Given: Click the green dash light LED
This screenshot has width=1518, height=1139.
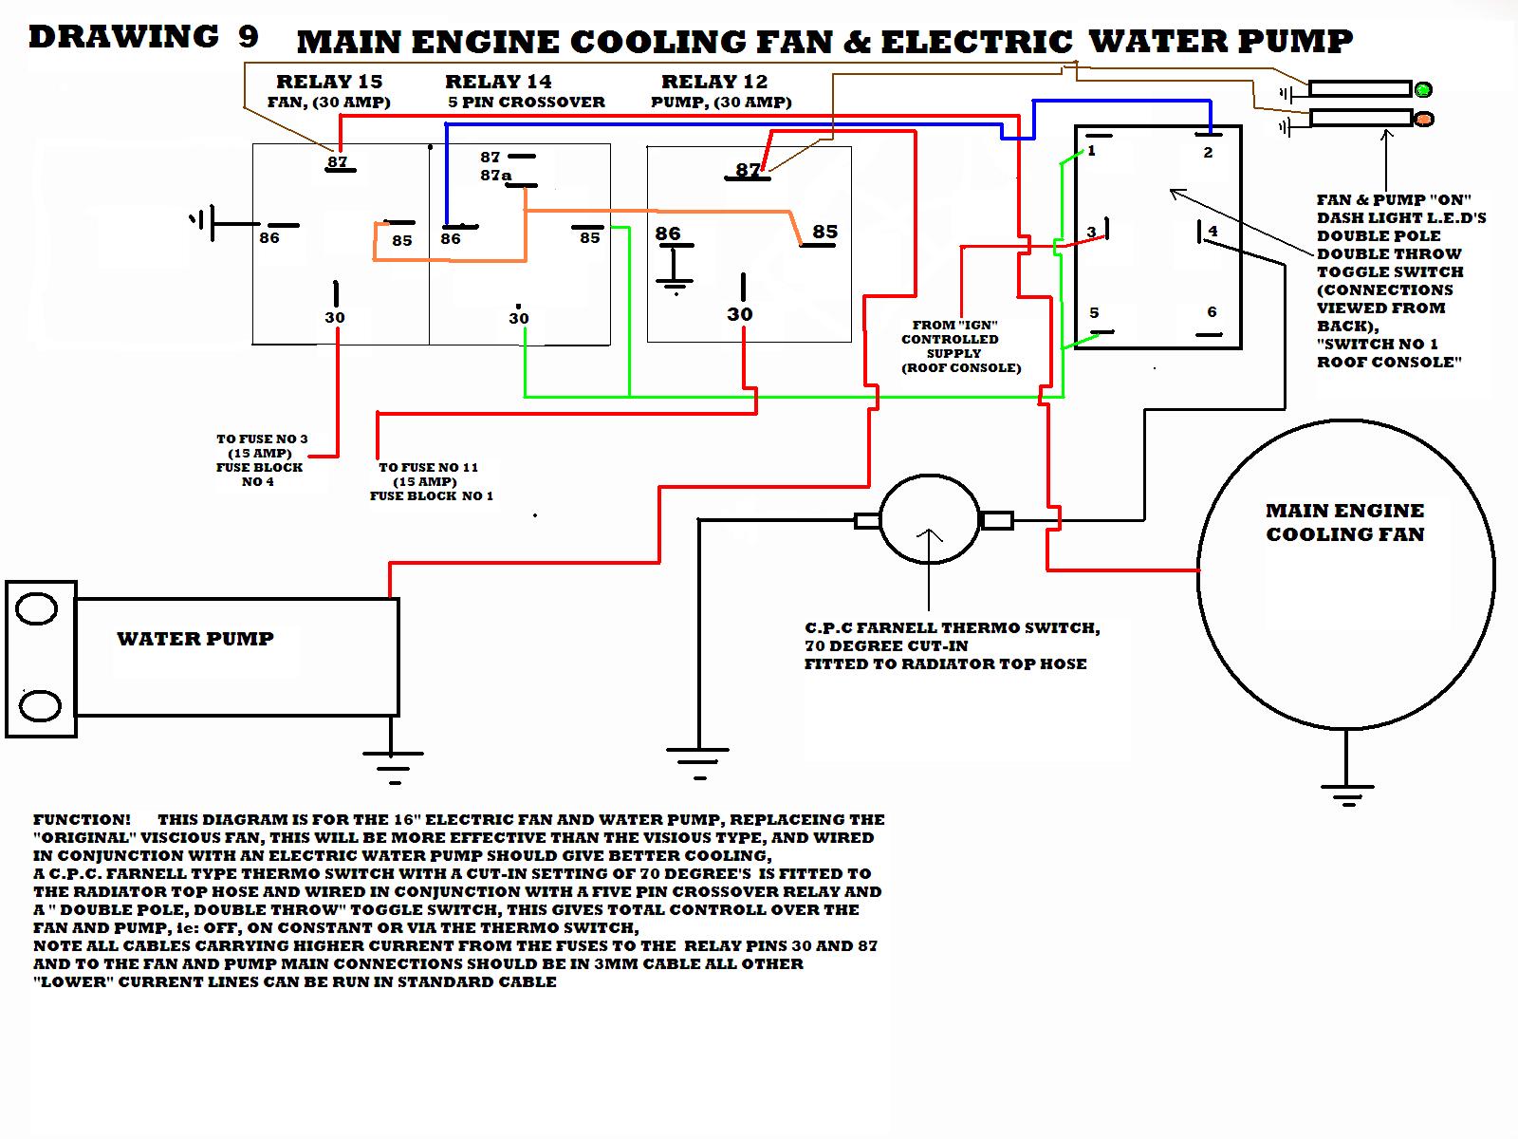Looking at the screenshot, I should tap(1422, 90).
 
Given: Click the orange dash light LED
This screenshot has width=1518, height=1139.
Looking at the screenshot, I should tap(1423, 120).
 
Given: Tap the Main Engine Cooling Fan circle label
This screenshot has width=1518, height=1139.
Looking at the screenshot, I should tap(1345, 522).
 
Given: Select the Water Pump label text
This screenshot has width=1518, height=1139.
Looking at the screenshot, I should tap(195, 639).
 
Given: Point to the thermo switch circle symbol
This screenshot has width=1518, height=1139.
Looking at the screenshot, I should tap(929, 520).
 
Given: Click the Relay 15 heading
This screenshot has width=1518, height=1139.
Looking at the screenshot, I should tap(329, 82).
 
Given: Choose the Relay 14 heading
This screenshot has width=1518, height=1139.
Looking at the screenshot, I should tap(498, 82).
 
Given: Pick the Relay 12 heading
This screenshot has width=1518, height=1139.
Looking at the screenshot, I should tap(714, 82).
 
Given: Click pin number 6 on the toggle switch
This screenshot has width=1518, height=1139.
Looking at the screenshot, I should tap(1212, 312).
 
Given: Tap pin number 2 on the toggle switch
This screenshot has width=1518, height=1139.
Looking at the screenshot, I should tap(1208, 153).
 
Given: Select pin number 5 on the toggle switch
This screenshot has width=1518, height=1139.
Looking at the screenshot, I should tap(1094, 312).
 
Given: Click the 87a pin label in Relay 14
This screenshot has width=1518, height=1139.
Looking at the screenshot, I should tap(495, 176).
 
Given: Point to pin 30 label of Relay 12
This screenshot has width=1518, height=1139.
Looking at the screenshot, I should tap(740, 314).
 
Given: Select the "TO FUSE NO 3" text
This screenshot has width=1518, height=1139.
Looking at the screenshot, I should tap(262, 439).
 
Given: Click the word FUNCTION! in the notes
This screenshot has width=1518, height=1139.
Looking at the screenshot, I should tap(82, 820).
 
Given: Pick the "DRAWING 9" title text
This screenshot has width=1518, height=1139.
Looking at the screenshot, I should tap(143, 37).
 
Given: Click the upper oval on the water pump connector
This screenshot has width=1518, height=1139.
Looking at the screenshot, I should tap(37, 608).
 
